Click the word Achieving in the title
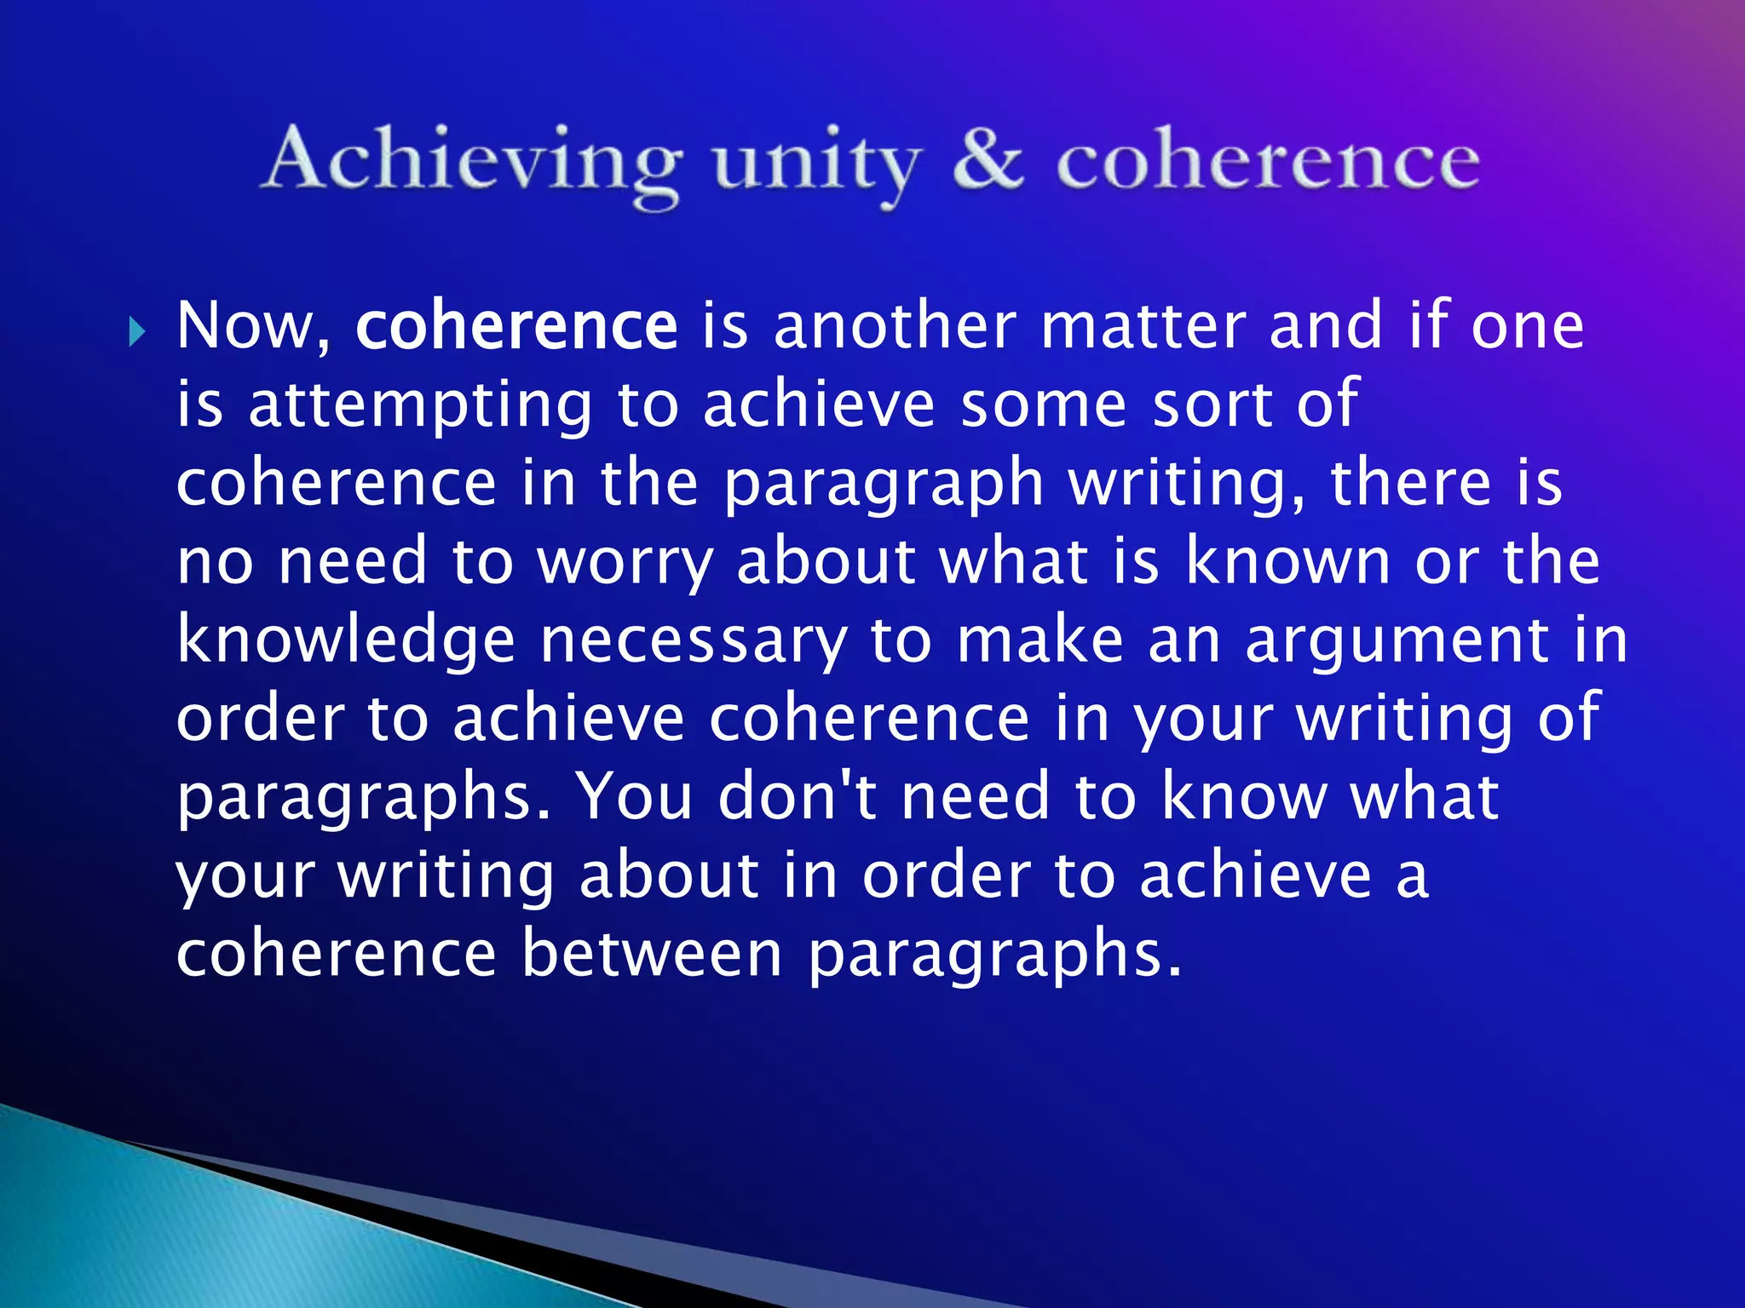pos(474,162)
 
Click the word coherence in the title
pos(1268,162)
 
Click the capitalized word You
pos(635,795)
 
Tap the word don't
pos(798,795)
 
